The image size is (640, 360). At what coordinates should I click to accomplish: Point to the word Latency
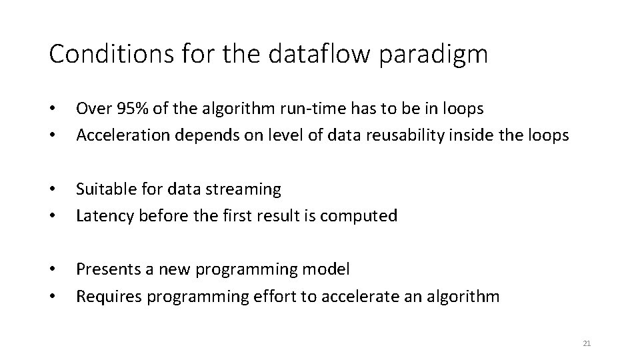(x=101, y=215)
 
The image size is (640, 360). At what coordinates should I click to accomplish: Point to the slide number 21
(x=587, y=343)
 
